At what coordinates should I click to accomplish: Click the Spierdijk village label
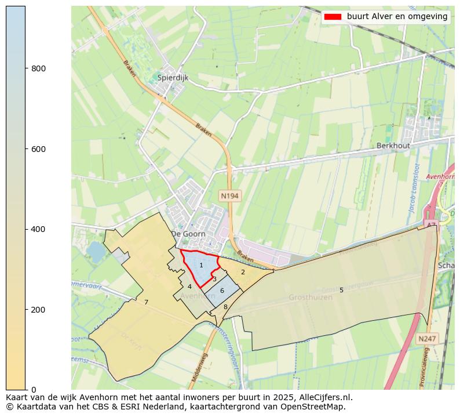[x=172, y=77]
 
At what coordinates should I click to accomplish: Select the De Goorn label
[x=188, y=234]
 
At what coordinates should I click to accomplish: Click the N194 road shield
[x=229, y=196]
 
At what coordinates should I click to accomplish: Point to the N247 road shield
[x=428, y=338]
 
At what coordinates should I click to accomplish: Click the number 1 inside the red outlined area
[x=201, y=265]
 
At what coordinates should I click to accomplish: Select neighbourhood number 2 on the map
[x=243, y=272]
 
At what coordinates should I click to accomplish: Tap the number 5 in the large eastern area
[x=341, y=290]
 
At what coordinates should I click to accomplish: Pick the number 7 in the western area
[x=146, y=302]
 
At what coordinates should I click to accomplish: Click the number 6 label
[x=222, y=290]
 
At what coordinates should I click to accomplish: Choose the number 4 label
[x=189, y=287]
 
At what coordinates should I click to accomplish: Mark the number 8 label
[x=225, y=307]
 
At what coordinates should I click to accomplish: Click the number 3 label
[x=214, y=279]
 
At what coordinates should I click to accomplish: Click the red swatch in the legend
[x=333, y=17]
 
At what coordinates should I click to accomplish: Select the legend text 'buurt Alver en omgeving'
[x=397, y=17]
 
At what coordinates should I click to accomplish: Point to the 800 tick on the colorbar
[x=38, y=68]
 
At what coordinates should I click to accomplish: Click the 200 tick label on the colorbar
[x=38, y=310]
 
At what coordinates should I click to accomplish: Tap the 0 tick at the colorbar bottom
[x=34, y=390]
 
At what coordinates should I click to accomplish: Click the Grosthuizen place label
[x=311, y=298]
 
